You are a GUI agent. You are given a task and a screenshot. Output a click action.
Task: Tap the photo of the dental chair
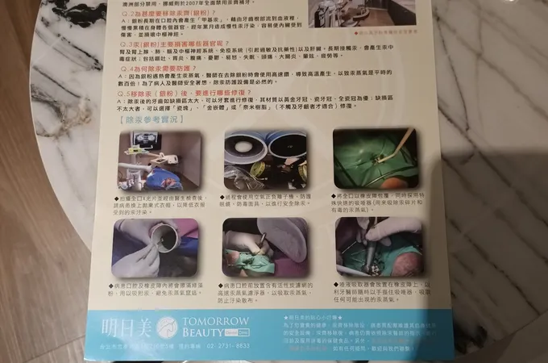click(x=160, y=160)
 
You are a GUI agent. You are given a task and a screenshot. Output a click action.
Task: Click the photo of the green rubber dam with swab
click(x=375, y=156)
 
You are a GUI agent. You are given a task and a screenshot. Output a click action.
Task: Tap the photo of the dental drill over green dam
click(x=378, y=246)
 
